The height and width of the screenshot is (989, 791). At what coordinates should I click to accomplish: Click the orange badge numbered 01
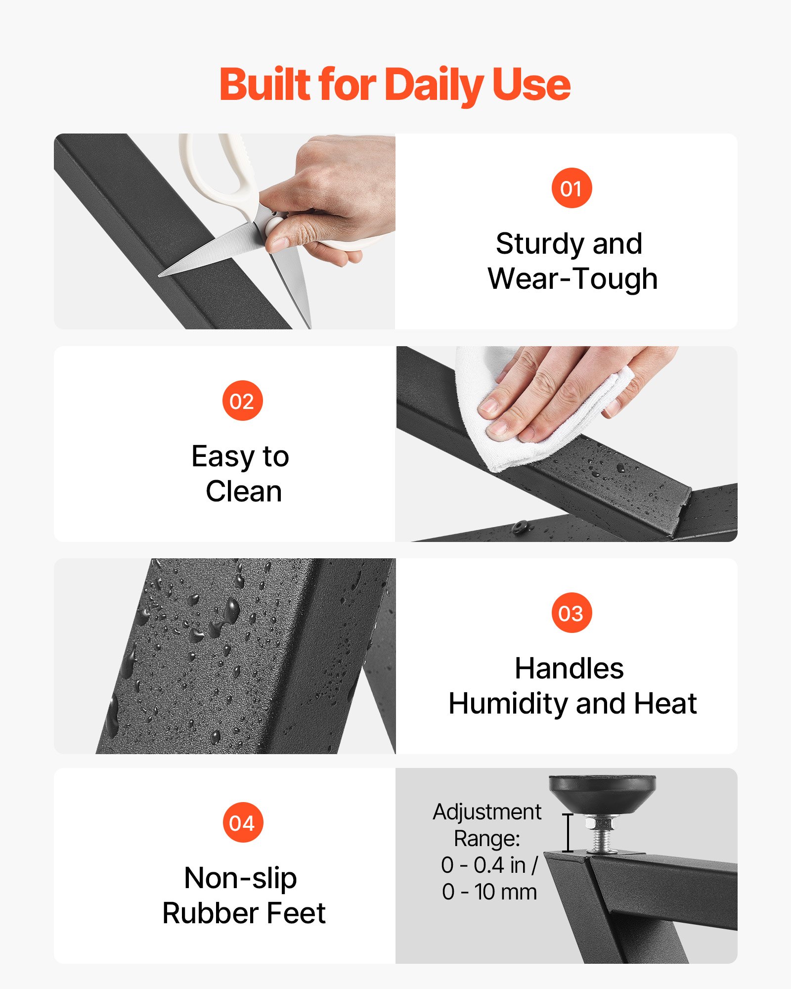point(571,188)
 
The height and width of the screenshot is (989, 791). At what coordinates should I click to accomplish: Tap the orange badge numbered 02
point(242,401)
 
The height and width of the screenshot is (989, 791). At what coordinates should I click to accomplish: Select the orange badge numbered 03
point(571,613)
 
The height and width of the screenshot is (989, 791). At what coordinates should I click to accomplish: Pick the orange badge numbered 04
point(242,822)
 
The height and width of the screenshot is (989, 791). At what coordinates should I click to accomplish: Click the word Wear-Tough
point(572,279)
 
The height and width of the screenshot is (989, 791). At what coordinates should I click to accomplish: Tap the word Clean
point(244,492)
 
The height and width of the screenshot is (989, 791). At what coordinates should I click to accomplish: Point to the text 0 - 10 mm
point(489,892)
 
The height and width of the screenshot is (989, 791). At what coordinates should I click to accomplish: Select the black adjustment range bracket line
point(568,833)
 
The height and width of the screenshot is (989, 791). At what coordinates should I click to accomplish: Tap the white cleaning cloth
point(539,410)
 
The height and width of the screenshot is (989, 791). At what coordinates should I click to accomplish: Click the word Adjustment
point(487,812)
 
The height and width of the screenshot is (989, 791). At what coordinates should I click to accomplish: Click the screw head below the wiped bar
point(519,527)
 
